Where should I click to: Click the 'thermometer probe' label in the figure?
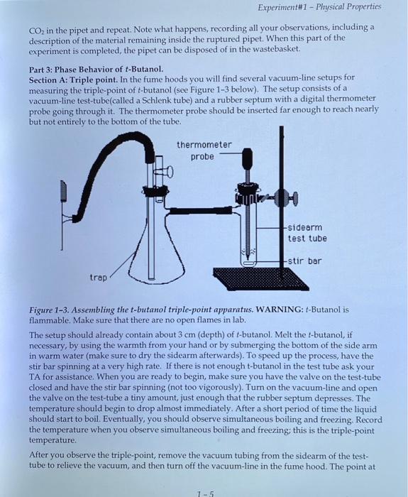pos(204,151)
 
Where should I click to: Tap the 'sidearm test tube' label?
pos(307,232)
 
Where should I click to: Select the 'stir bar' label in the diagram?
pos(306,261)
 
